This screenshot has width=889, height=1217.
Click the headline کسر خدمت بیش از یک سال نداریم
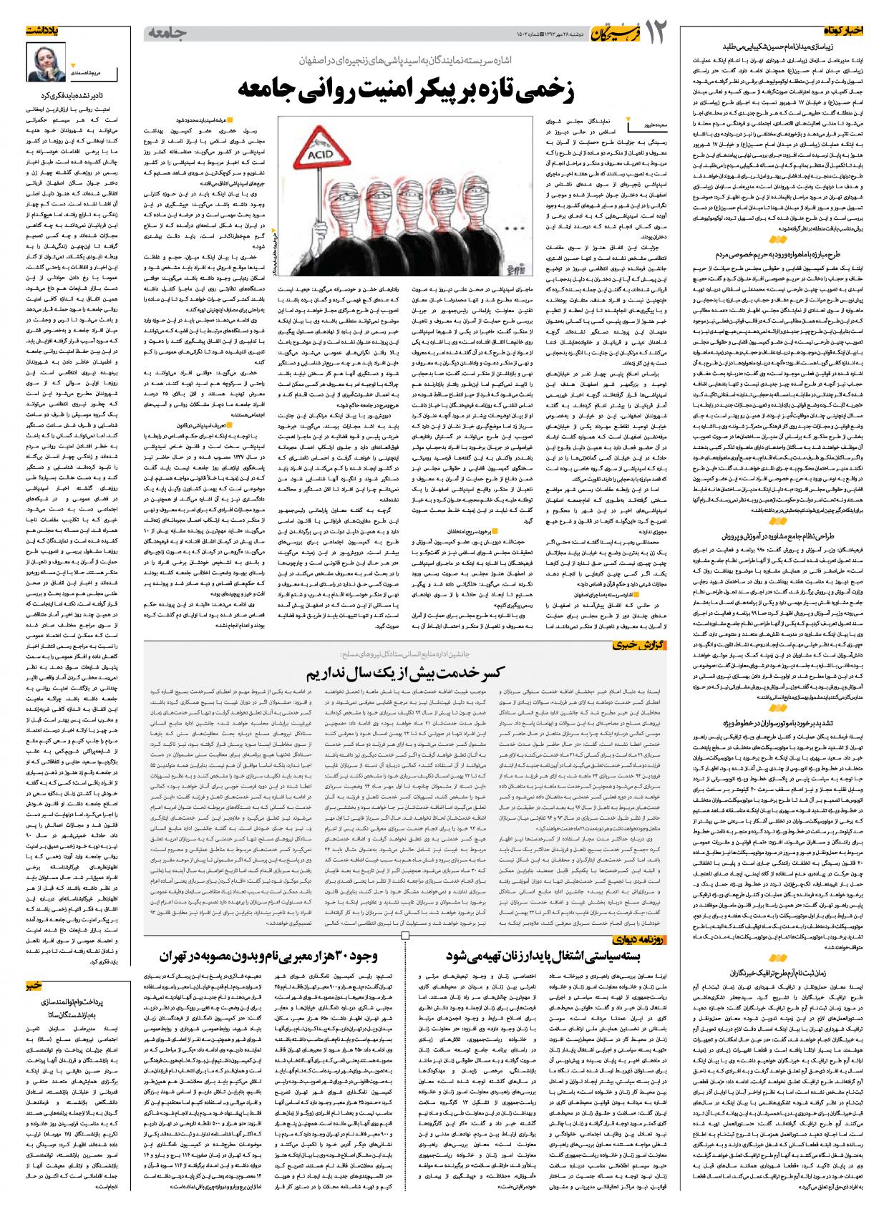[407, 673]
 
